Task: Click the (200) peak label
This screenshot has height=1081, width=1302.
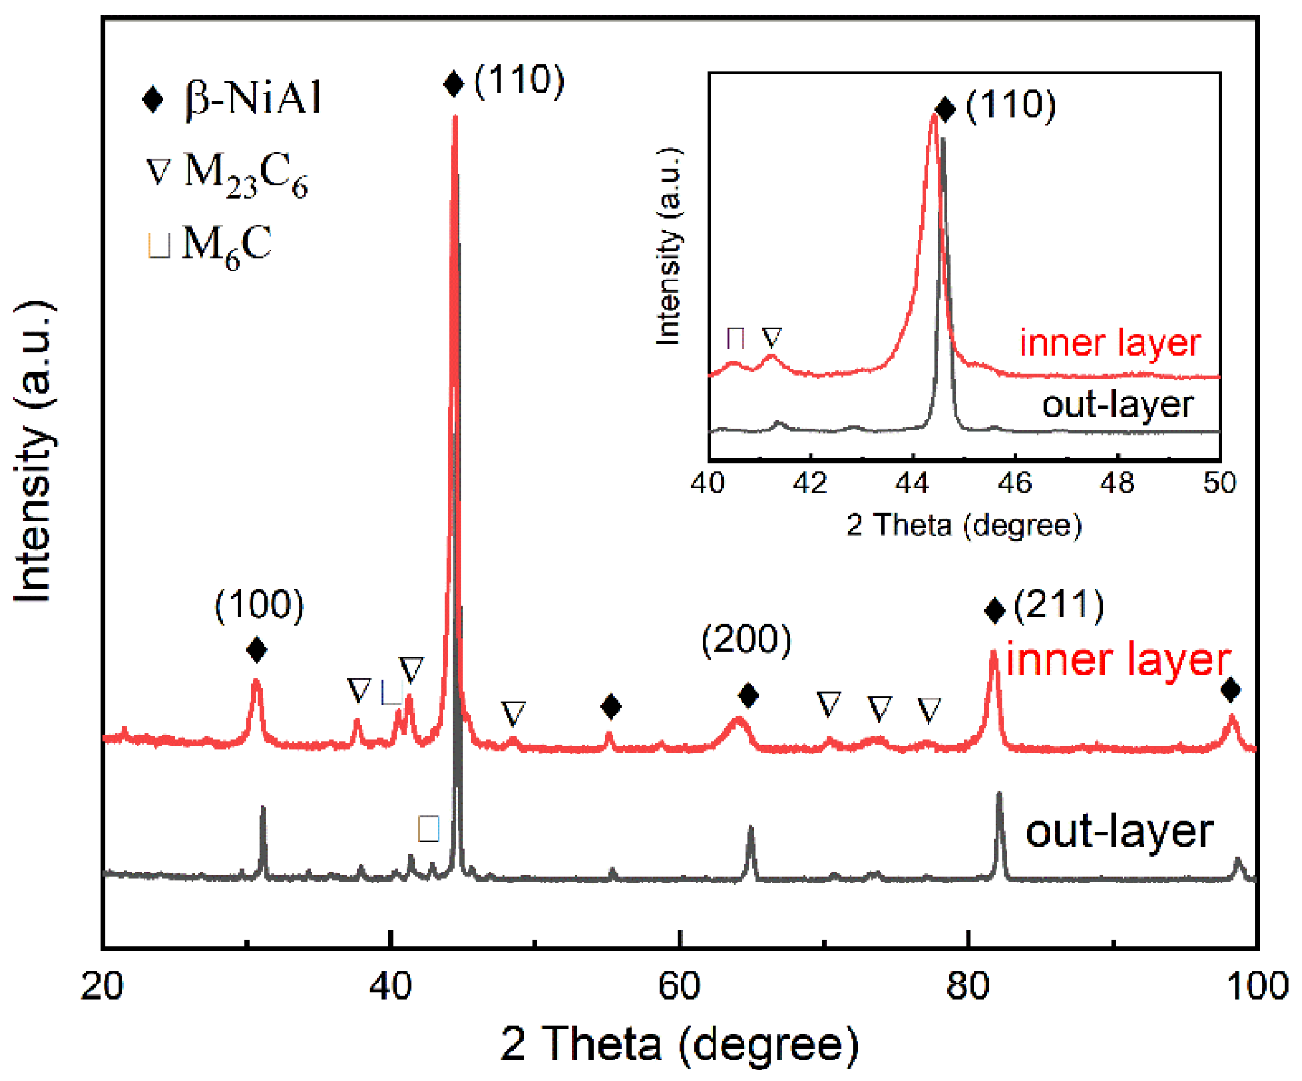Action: pos(746,640)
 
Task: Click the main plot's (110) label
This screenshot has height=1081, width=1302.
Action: pos(519,81)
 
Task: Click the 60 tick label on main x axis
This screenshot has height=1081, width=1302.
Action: pos(679,986)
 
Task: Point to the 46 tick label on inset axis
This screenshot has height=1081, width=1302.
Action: pos(1015,483)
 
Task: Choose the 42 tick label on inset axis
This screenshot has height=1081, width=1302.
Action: pos(810,483)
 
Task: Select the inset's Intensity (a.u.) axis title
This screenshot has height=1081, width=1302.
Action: pos(669,246)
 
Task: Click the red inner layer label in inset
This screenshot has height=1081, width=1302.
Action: pos(1110,343)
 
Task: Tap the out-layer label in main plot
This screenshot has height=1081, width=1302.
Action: pos(1119,832)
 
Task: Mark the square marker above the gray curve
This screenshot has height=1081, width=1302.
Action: pos(428,829)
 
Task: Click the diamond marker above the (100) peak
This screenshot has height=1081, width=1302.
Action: pos(257,650)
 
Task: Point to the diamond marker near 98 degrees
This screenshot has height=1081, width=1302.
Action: pos(1230,689)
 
